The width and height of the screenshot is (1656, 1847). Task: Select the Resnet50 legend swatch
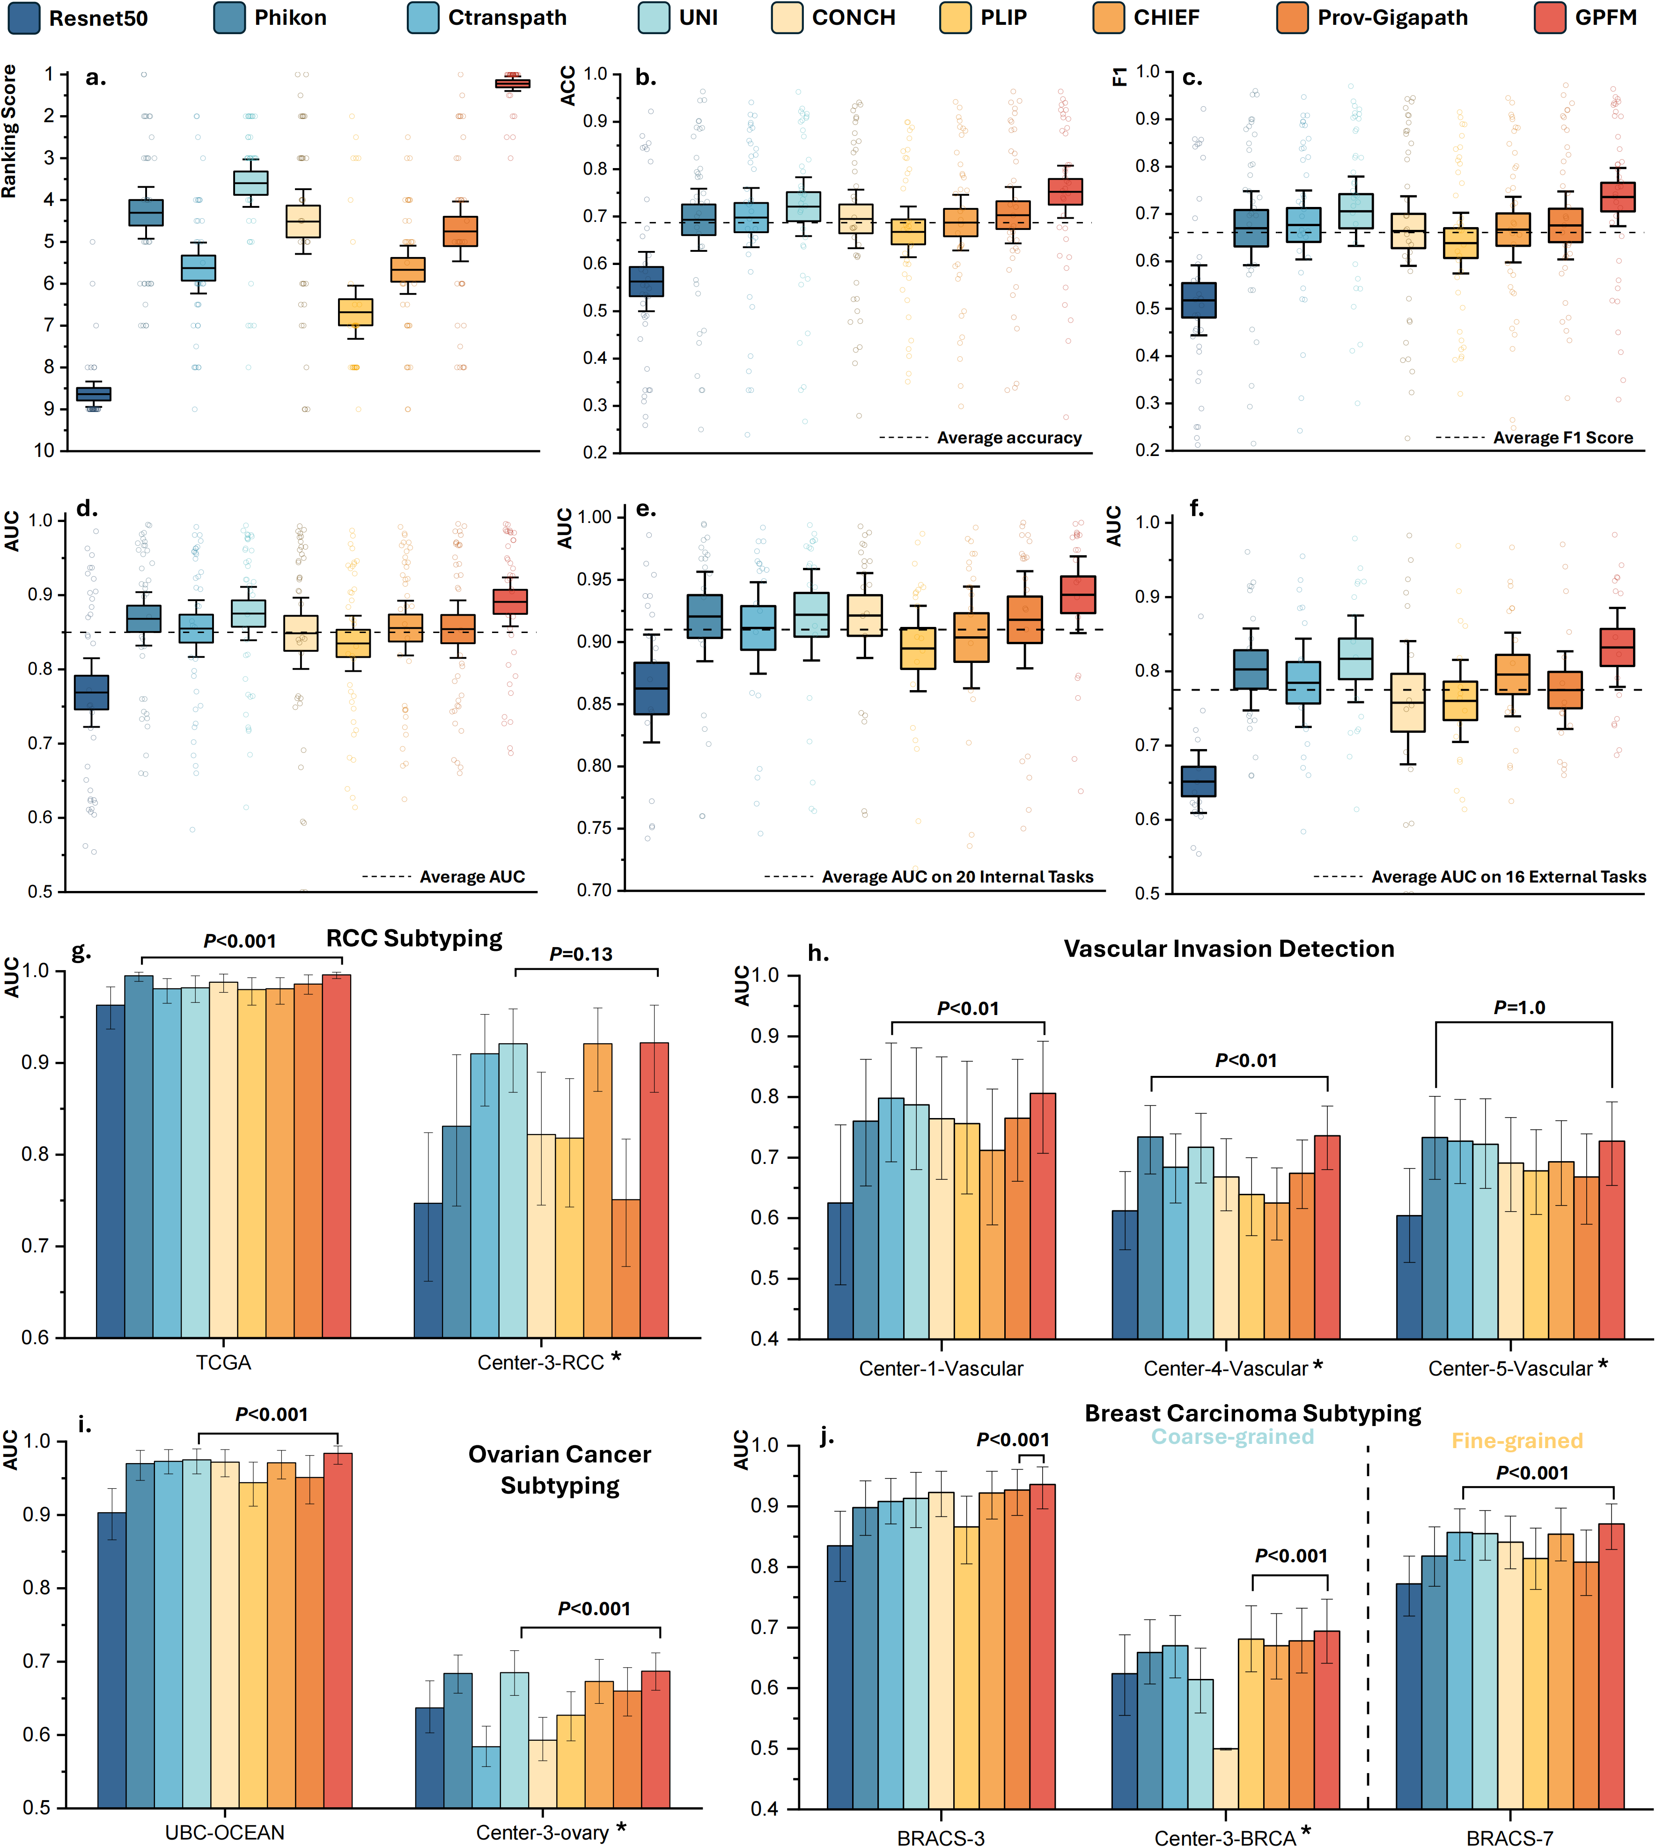(24, 18)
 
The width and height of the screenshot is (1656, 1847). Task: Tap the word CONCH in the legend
(854, 18)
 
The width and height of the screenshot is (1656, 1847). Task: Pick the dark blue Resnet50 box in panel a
(93, 394)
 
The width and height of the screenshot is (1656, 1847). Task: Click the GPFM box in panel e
(1078, 594)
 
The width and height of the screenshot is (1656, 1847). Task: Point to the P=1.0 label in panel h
(1519, 1007)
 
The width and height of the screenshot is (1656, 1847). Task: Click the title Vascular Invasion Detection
(1229, 949)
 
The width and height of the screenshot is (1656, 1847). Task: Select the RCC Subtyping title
(414, 938)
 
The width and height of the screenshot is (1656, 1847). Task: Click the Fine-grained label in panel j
(1517, 1441)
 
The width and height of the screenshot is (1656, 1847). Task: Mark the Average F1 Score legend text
(1562, 438)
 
